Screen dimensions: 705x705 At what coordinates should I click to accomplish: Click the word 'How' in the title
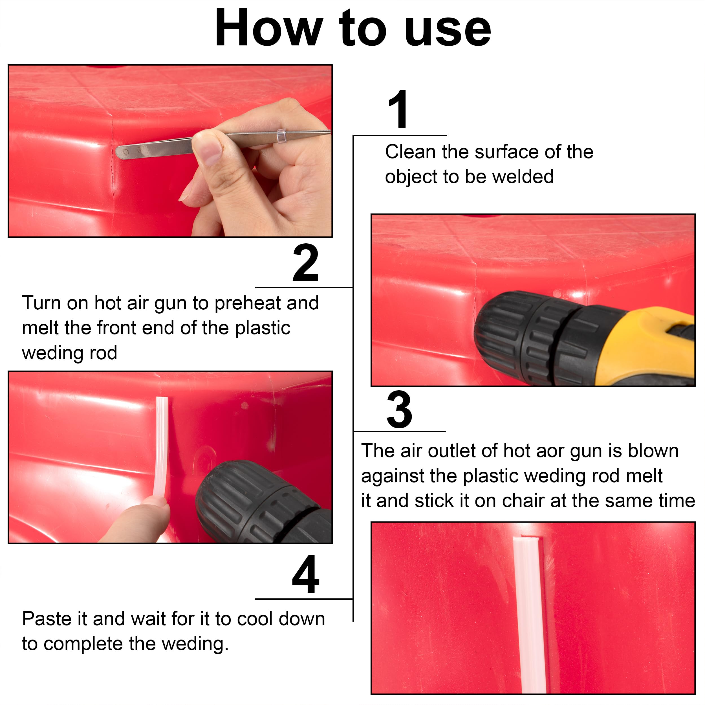[268, 28]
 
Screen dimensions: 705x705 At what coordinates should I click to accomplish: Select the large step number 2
[305, 263]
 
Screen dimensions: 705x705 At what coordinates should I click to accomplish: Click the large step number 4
[305, 575]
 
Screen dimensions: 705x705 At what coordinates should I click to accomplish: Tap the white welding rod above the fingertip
[161, 445]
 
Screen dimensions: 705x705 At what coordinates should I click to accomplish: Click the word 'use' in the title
[448, 28]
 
